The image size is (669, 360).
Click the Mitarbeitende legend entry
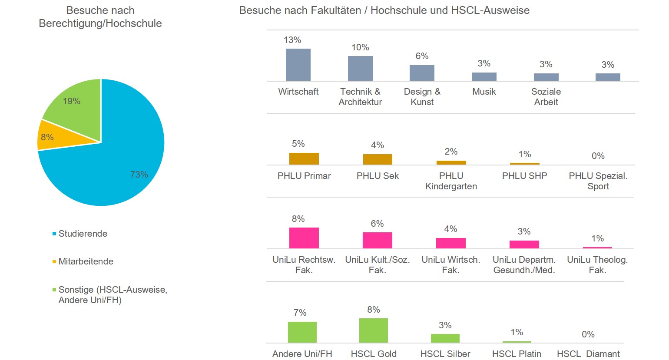(x=86, y=261)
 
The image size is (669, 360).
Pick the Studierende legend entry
(x=83, y=234)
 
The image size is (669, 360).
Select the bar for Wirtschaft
(x=298, y=65)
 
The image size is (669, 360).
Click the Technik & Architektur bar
(x=360, y=68)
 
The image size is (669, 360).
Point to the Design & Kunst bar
(x=422, y=73)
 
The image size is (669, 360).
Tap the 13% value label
(x=292, y=40)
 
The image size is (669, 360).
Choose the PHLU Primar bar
(x=304, y=159)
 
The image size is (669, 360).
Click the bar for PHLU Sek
(x=378, y=159)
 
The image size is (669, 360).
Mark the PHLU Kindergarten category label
(x=451, y=181)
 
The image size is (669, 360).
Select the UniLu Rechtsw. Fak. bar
(x=304, y=238)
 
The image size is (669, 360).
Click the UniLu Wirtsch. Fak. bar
(x=451, y=243)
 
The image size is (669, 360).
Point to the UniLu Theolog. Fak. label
(x=597, y=265)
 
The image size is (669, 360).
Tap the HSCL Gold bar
(x=374, y=330)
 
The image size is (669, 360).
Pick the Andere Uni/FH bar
(x=302, y=332)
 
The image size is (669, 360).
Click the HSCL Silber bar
(x=445, y=338)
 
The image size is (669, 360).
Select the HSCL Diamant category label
(x=588, y=354)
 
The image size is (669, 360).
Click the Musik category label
(x=484, y=92)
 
